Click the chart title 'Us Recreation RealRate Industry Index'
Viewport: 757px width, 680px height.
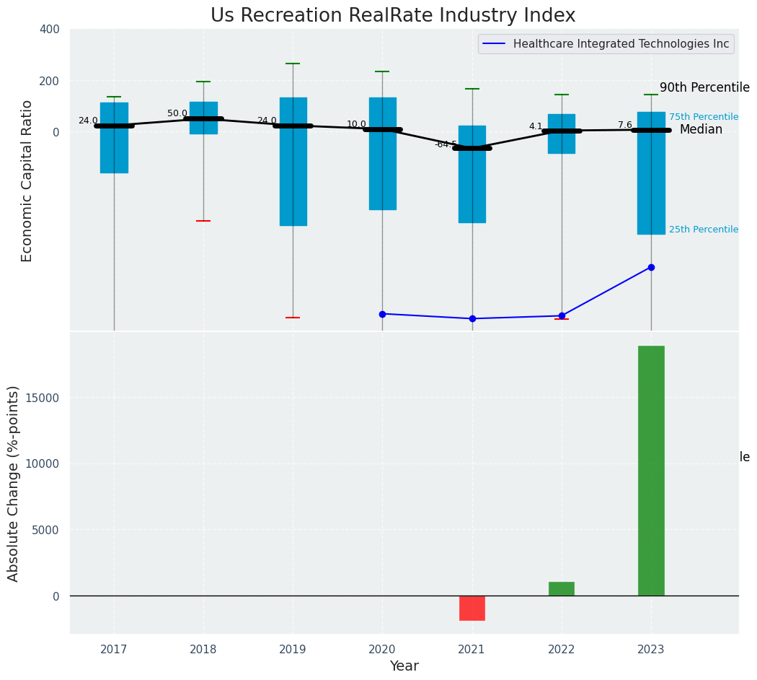click(x=393, y=16)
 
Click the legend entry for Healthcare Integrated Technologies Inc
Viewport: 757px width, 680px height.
click(x=621, y=44)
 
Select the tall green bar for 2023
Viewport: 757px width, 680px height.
click(x=651, y=470)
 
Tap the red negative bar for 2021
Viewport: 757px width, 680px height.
click(x=472, y=608)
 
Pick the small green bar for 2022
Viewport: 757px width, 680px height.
click(x=562, y=588)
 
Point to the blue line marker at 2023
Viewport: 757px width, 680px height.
click(x=651, y=267)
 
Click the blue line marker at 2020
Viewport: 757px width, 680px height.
click(x=382, y=314)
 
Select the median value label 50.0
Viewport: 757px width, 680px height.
click(x=177, y=113)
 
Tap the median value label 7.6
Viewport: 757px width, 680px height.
click(x=624, y=125)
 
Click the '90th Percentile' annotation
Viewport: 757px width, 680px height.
click(x=704, y=87)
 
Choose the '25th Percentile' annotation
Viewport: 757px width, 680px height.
click(x=703, y=230)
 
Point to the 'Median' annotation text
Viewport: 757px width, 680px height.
click(x=701, y=130)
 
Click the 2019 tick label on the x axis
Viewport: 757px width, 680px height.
click(x=293, y=650)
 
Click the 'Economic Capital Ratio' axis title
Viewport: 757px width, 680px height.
click(x=27, y=180)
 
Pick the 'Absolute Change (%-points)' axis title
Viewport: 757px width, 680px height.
click(x=14, y=483)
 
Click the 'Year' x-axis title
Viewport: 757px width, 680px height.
click(x=404, y=666)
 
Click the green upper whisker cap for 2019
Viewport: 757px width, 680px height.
click(x=293, y=64)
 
